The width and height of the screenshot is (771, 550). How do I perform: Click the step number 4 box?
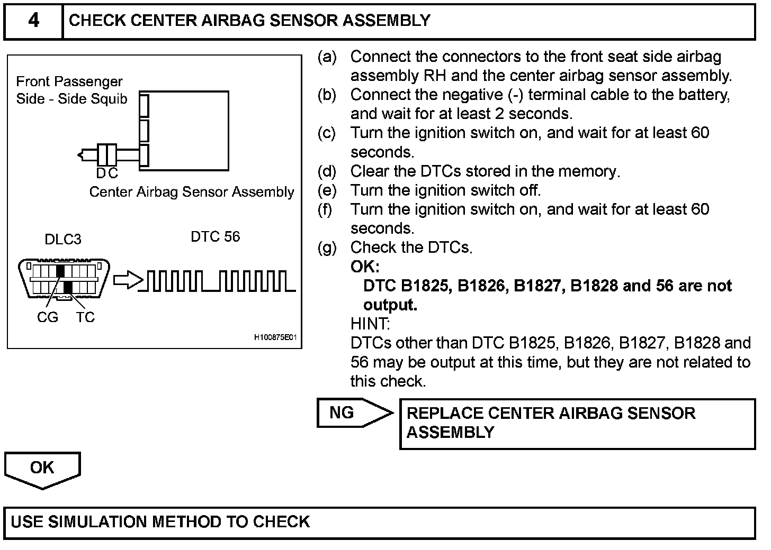[x=33, y=21]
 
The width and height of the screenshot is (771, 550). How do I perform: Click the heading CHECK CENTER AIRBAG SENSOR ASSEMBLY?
[x=249, y=21]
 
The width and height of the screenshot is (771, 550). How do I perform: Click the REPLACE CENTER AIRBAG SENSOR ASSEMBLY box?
[x=577, y=424]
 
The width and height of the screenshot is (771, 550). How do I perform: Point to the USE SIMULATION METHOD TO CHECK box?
[x=379, y=522]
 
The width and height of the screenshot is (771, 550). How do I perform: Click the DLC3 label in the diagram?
[x=63, y=240]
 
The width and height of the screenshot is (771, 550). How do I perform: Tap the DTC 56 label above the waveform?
[x=215, y=236]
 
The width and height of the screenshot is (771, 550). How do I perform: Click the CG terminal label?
[x=48, y=317]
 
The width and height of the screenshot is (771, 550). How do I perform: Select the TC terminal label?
[x=85, y=317]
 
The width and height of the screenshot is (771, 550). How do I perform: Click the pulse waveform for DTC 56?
[x=220, y=281]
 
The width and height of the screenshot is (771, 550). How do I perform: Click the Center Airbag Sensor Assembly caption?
[x=191, y=192]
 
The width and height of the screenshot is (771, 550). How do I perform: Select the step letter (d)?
[x=327, y=171]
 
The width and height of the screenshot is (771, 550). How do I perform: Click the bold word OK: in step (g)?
[x=365, y=267]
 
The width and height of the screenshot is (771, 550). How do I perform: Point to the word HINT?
[x=370, y=324]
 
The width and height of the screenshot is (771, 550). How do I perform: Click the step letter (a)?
[x=327, y=57]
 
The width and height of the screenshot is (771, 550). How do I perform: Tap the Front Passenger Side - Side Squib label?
[x=71, y=90]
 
